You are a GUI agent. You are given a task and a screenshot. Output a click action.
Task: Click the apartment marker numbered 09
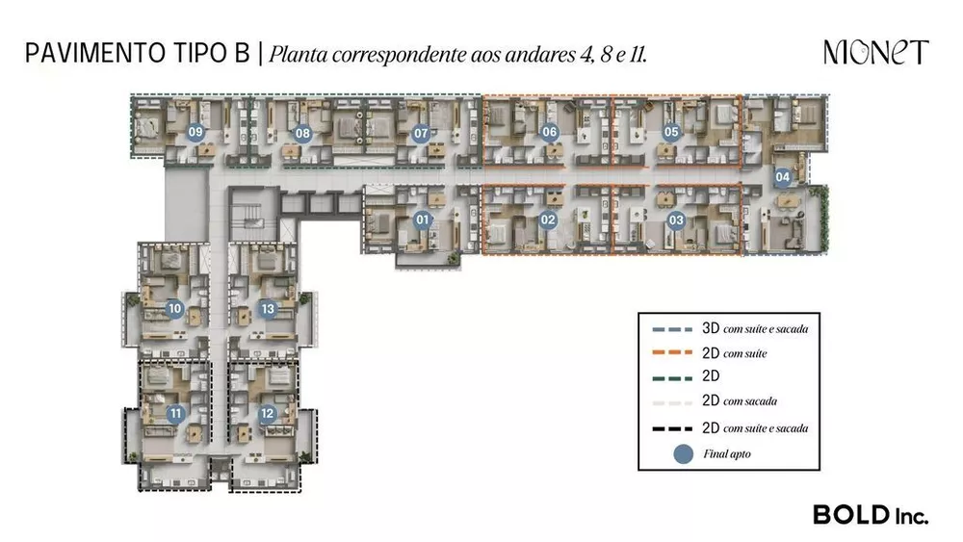click(x=195, y=134)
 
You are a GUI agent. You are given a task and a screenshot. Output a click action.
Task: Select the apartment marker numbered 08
click(x=302, y=134)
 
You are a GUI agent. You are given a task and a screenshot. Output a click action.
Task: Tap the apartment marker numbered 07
click(x=421, y=134)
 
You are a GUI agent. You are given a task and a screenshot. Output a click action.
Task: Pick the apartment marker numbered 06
click(x=550, y=133)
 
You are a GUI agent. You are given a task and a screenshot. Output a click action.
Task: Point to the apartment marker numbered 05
click(x=671, y=133)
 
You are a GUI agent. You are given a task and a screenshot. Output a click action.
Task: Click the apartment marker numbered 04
click(x=783, y=177)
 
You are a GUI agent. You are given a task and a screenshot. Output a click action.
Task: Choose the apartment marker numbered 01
click(x=421, y=219)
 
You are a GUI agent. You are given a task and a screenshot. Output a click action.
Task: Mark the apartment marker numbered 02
click(x=549, y=219)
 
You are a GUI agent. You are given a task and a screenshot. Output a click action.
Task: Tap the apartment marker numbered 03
click(x=676, y=220)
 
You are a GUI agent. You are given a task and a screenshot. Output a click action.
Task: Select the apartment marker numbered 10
click(x=174, y=309)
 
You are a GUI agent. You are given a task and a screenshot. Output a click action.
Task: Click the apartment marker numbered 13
click(x=268, y=309)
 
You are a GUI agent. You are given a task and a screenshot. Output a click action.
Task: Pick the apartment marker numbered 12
click(x=267, y=414)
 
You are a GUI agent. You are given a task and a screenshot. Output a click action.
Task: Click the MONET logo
click(x=875, y=53)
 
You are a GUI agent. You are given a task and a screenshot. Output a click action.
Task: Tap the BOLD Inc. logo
click(x=871, y=515)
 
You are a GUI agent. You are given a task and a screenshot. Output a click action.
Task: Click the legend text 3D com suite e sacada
click(x=754, y=329)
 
